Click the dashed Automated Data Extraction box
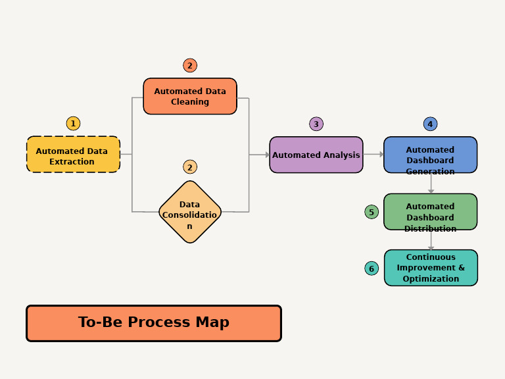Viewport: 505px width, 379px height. [73, 155]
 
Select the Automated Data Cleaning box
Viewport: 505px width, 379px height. [190, 97]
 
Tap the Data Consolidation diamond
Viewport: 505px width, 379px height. [190, 212]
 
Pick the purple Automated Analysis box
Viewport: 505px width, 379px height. [316, 155]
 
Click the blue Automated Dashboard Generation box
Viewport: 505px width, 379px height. [430, 155]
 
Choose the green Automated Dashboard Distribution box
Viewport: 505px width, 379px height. [430, 212]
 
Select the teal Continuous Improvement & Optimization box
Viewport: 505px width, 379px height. [431, 268]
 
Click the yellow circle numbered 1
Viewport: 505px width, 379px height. [73, 124]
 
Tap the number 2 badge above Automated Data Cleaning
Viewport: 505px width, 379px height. [190, 65]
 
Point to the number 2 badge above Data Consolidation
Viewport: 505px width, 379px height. [190, 167]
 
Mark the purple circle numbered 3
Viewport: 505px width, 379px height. [316, 124]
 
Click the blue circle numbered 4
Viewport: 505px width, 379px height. [430, 124]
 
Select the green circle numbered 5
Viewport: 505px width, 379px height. [372, 212]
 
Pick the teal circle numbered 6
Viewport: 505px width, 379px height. [372, 268]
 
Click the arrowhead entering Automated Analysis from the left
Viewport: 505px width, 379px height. [267, 155]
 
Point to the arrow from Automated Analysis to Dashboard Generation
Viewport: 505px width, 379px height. [373, 155]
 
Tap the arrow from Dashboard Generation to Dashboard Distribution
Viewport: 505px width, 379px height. [431, 184]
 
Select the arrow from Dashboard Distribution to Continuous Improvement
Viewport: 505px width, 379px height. [431, 240]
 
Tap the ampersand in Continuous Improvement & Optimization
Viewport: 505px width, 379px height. [461, 268]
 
